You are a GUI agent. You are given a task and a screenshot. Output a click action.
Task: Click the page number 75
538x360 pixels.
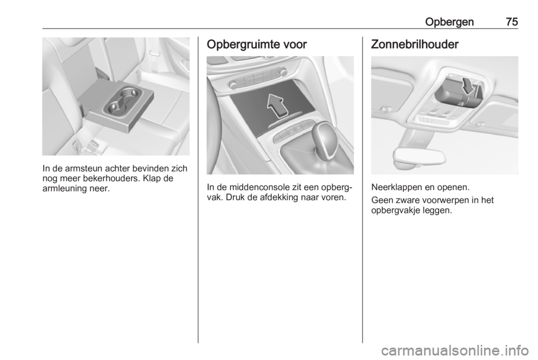tap(512, 22)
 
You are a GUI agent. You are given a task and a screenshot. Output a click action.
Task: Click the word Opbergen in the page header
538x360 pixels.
tap(449, 22)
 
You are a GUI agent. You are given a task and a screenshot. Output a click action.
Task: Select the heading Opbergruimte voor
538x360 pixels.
tap(257, 45)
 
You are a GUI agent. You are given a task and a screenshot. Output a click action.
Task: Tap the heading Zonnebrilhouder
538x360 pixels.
tap(415, 44)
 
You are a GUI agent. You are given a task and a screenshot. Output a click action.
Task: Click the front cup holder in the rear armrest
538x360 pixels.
tap(118, 108)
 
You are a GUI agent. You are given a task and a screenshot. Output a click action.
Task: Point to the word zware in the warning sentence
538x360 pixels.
tap(405, 200)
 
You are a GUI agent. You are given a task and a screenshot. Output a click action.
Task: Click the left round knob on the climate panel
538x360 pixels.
tap(232, 84)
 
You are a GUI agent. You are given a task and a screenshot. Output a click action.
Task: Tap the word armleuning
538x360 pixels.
tap(62, 189)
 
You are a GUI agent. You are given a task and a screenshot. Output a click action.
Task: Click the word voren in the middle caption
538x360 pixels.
tap(334, 198)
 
